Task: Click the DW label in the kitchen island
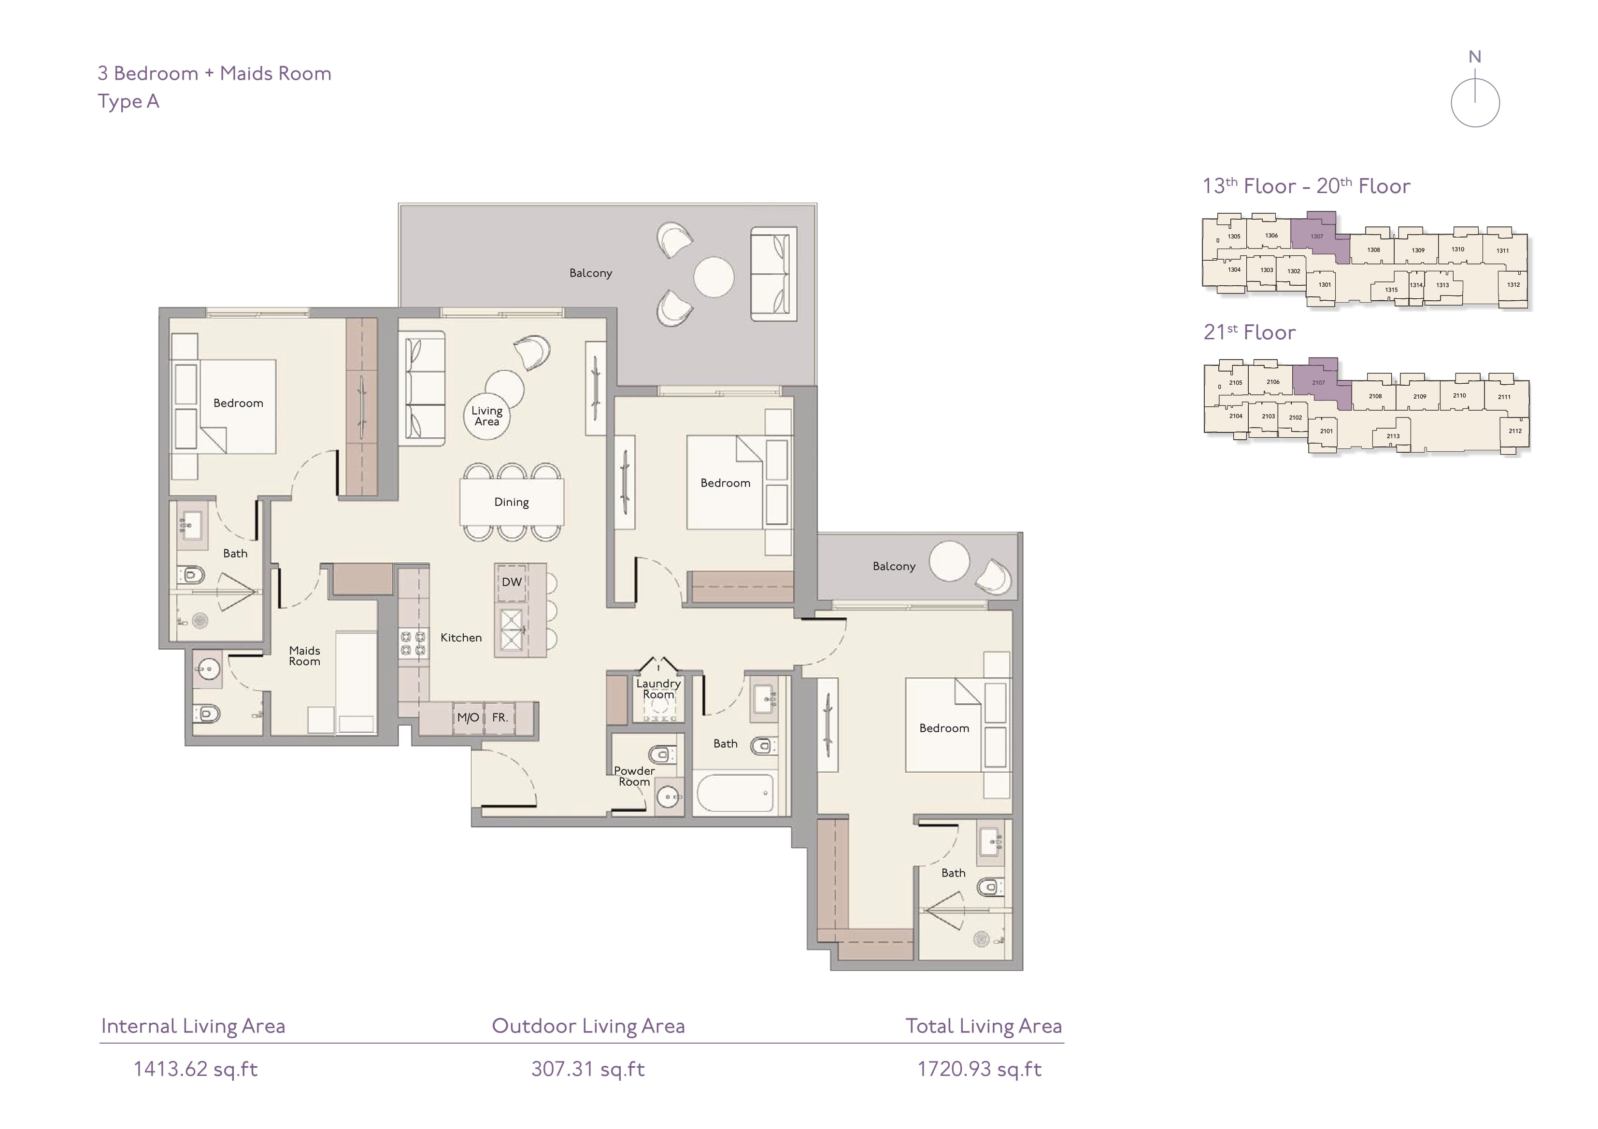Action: [x=512, y=582]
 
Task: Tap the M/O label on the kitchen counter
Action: [x=468, y=717]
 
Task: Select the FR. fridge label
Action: [x=499, y=717]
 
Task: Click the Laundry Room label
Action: [x=658, y=689]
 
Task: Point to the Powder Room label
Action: [x=634, y=776]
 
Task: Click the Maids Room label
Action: [x=305, y=655]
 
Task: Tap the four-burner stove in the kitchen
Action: [x=413, y=643]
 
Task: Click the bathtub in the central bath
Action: [x=735, y=793]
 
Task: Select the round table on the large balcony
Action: [x=713, y=277]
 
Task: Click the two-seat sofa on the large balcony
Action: [x=773, y=274]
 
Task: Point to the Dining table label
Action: [x=512, y=502]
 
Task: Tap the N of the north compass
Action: [x=1474, y=57]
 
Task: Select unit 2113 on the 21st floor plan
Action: [x=1393, y=436]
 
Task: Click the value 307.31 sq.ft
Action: [x=588, y=1069]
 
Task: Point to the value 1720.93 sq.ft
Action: [x=979, y=1069]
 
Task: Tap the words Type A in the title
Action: [x=129, y=101]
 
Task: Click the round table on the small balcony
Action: [x=949, y=561]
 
